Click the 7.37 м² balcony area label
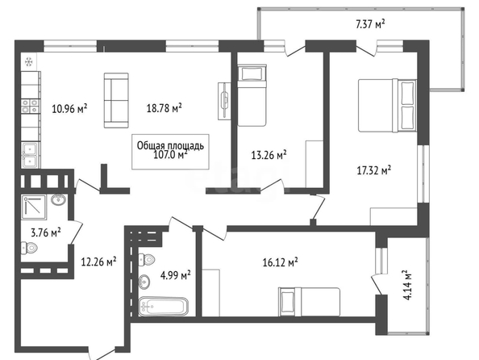pos(370,24)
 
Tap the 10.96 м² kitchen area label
pos(69,108)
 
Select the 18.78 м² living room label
pos(165,107)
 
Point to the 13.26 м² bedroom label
pos(269,155)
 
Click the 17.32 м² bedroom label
pos(374,170)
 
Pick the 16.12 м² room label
pos(280,262)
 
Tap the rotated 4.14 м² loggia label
pos(408,285)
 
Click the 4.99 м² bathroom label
pos(176,275)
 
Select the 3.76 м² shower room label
pos(46,232)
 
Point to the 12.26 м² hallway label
pos(98,262)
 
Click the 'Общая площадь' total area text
pos(170,145)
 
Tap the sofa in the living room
pos(116,100)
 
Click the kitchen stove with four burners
pos(31,106)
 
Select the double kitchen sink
pos(30,155)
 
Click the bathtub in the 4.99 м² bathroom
pos(163,307)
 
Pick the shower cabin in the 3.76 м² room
pos(34,207)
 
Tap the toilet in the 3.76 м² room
pos(29,248)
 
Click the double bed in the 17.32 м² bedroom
pos(387,106)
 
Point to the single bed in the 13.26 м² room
pos(252,95)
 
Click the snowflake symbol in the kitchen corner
pos(29,62)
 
